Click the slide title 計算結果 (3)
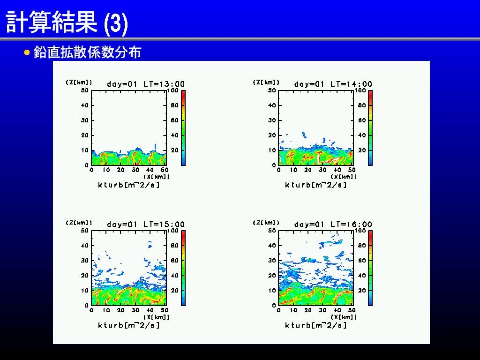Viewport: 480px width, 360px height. coord(67,22)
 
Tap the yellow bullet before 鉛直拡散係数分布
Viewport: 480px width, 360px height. coord(27,52)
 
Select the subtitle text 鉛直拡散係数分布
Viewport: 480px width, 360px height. coord(88,52)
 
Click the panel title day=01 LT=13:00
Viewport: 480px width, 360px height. coord(146,84)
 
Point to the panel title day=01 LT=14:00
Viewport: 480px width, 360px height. coord(333,84)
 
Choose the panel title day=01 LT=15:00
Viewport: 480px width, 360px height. coord(146,224)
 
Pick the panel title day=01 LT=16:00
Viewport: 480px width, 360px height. coord(333,224)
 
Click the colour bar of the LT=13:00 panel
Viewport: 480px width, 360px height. coord(183,127)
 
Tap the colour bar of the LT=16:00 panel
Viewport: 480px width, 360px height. coord(370,268)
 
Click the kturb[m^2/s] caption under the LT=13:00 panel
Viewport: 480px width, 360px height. coord(128,185)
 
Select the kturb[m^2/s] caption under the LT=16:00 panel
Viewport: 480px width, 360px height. coord(316,325)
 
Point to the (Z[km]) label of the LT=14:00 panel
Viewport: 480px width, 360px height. coord(266,82)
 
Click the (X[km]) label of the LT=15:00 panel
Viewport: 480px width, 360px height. coord(156,317)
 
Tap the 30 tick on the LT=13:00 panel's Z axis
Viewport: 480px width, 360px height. coord(84,120)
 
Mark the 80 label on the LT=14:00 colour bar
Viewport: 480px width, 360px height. coord(362,105)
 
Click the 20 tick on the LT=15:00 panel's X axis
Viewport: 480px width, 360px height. coord(120,310)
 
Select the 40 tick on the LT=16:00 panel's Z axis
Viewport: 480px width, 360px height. coord(272,246)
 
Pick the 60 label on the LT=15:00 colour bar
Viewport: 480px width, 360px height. coord(174,261)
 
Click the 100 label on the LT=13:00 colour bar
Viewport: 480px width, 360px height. coord(173,90)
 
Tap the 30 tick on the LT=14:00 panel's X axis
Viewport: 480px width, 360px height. coord(322,170)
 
